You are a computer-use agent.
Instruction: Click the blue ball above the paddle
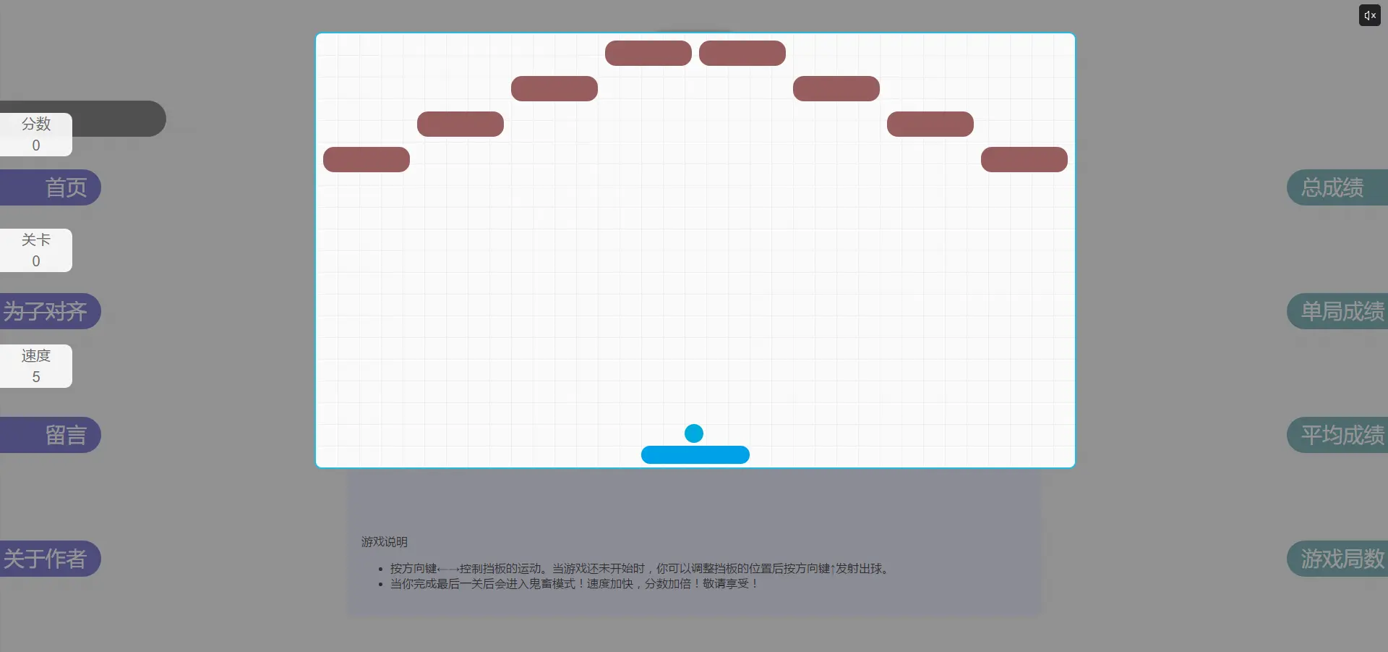pyautogui.click(x=694, y=433)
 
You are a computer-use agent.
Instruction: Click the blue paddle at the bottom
pyautogui.click(x=695, y=455)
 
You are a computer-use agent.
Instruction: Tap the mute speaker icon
pyautogui.click(x=1369, y=15)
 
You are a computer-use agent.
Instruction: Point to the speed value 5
pyautogui.click(x=36, y=377)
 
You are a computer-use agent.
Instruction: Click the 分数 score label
pyautogui.click(x=36, y=124)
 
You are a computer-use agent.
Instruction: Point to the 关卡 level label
pyautogui.click(x=36, y=240)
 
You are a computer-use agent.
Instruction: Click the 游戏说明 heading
pyautogui.click(x=385, y=542)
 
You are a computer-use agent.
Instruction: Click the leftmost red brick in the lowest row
pyautogui.click(x=367, y=160)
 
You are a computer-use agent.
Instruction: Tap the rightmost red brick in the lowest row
pyautogui.click(x=1024, y=160)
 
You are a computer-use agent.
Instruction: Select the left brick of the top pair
pyautogui.click(x=648, y=54)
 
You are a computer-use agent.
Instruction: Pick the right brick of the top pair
pyautogui.click(x=742, y=54)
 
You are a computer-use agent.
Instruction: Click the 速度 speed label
pyautogui.click(x=36, y=356)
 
